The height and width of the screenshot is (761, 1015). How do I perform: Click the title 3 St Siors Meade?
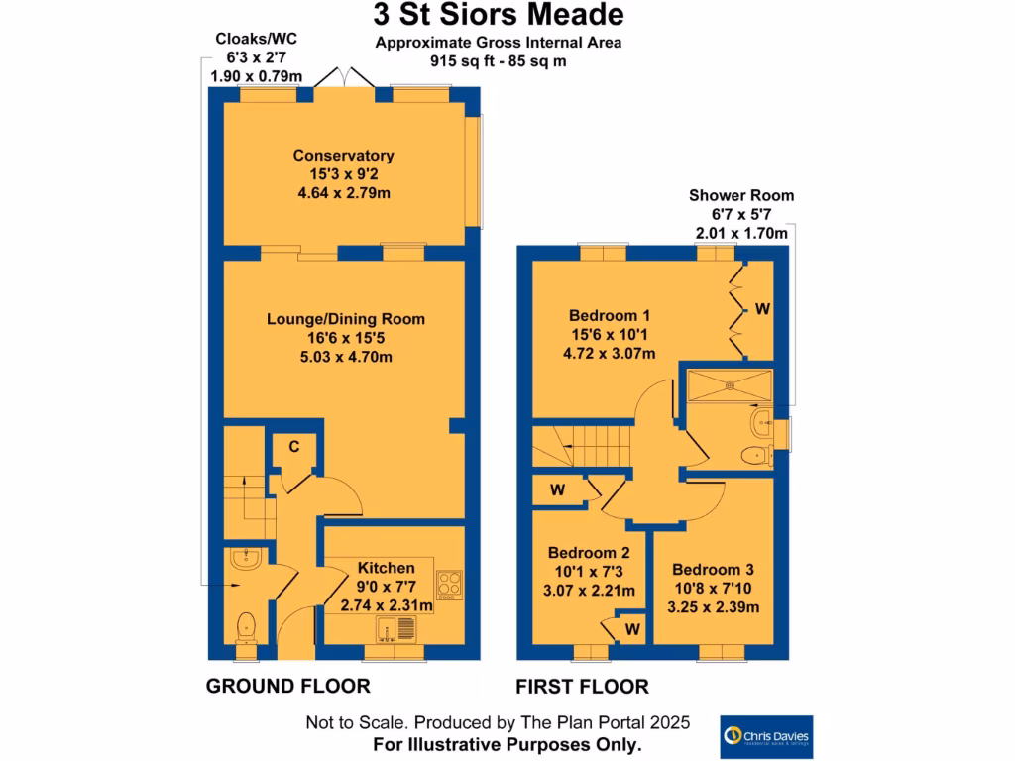pyautogui.click(x=499, y=15)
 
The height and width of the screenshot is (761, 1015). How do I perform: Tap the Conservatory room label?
pyautogui.click(x=343, y=156)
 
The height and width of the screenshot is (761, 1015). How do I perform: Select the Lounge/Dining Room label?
pyautogui.click(x=345, y=319)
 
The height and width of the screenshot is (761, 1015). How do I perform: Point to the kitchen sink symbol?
pyautogui.click(x=397, y=626)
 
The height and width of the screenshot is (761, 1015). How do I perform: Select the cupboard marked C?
pyautogui.click(x=294, y=448)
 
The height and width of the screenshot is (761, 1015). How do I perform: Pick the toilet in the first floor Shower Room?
pyautogui.click(x=757, y=456)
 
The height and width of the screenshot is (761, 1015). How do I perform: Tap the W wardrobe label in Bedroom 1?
pyautogui.click(x=761, y=309)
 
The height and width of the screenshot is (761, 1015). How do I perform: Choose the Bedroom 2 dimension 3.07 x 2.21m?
pyautogui.click(x=592, y=592)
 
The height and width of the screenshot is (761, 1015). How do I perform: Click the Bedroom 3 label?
pyautogui.click(x=713, y=570)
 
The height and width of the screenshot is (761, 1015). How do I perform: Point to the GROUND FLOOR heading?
pyautogui.click(x=287, y=686)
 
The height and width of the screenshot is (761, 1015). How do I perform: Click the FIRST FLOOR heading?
pyautogui.click(x=582, y=686)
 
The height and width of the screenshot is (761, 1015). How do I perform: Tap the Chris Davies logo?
pyautogui.click(x=766, y=736)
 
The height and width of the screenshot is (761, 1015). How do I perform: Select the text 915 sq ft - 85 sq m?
pyautogui.click(x=498, y=59)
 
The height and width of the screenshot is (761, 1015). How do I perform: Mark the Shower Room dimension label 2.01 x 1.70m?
pyautogui.click(x=741, y=234)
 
